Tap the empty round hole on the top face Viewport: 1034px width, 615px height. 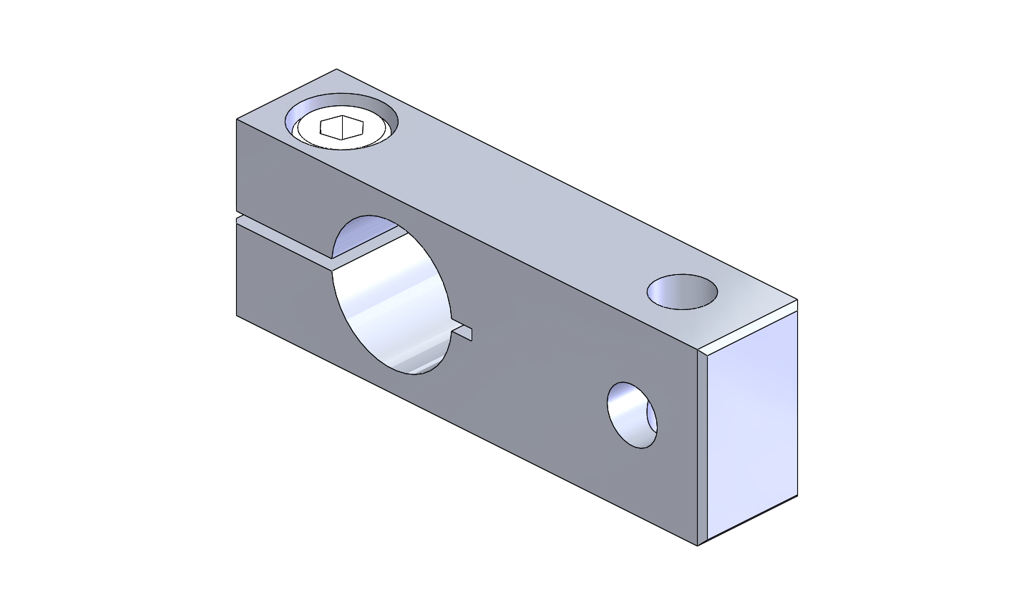coord(682,292)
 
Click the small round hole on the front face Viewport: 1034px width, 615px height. coord(632,415)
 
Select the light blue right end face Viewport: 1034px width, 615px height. coord(753,422)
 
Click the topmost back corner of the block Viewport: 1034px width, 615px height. coord(336,69)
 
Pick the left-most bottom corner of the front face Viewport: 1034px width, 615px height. coord(237,314)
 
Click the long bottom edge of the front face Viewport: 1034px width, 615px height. coord(465,430)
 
